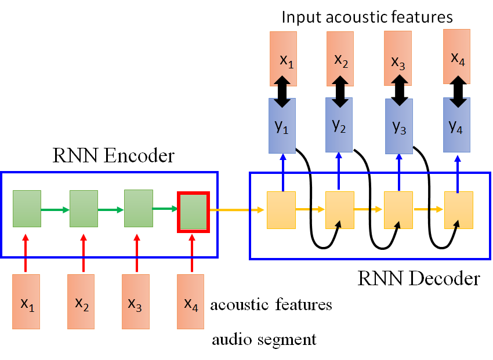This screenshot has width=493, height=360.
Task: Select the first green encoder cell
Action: [x=26, y=208]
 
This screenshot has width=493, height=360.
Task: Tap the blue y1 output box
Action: [x=282, y=126]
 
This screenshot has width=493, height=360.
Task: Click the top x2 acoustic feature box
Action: [x=340, y=58]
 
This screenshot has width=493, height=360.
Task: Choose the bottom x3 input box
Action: [x=136, y=302]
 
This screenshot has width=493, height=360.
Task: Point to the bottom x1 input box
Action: [x=26, y=302]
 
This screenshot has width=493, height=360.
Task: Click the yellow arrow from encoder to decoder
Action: [x=232, y=209]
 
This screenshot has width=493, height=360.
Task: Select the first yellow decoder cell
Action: [x=281, y=209]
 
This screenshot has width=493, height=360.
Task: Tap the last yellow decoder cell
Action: [x=459, y=209]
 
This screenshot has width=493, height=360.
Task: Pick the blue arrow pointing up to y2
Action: [x=340, y=171]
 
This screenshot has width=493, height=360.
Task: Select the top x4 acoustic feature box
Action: [x=457, y=57]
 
